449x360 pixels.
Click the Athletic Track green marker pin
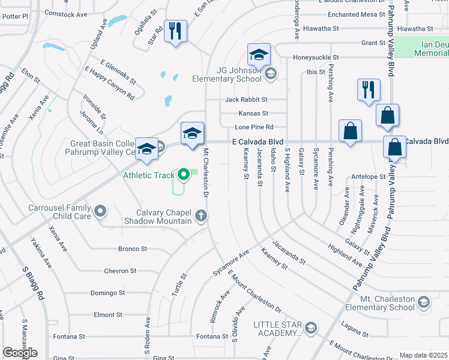coord(185,175)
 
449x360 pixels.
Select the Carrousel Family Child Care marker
coord(100,211)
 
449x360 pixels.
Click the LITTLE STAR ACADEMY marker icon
coord(311,328)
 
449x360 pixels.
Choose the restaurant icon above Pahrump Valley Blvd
coord(368,89)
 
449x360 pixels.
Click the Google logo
coord(20,352)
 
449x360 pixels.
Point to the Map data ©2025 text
coord(423,355)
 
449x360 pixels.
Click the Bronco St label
coord(133,248)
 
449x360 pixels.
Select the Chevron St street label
coord(121,271)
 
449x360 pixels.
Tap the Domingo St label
coord(107,293)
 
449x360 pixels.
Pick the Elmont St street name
coord(108,314)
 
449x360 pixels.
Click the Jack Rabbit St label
coord(246,99)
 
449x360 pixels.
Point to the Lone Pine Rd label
coord(254,127)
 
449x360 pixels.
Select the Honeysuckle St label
coord(316,58)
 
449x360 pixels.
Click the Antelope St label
coord(369,177)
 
